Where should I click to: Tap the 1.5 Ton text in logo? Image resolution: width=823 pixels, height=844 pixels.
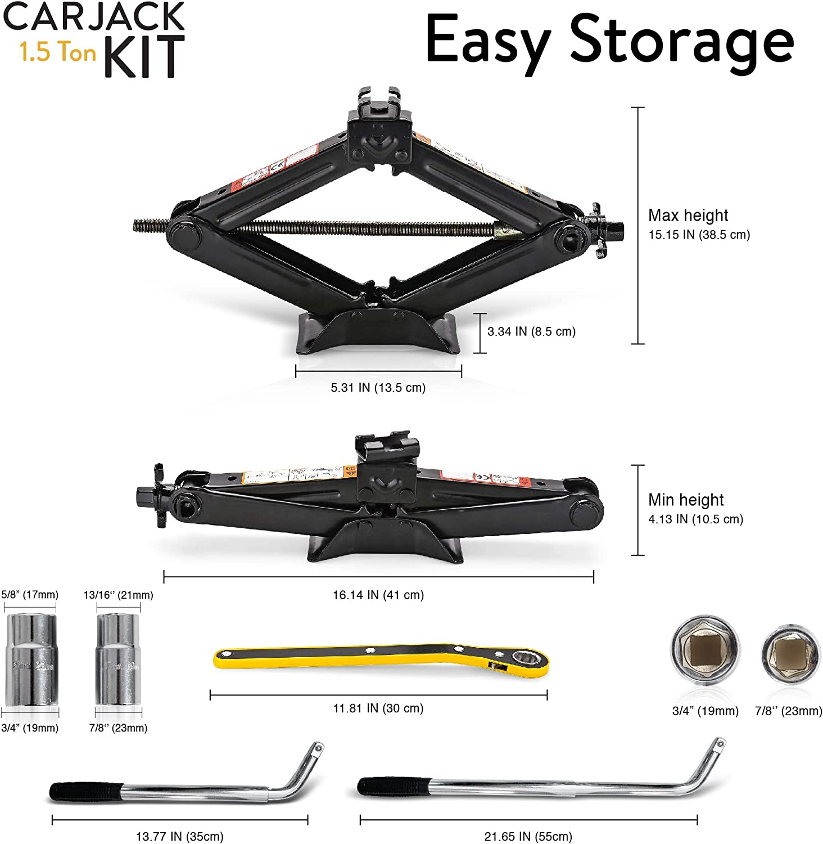click(x=58, y=52)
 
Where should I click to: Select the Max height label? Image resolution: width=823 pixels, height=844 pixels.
click(x=688, y=216)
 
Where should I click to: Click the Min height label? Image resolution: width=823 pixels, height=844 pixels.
click(x=686, y=500)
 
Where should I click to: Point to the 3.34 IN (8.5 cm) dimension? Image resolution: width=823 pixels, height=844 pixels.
click(x=531, y=331)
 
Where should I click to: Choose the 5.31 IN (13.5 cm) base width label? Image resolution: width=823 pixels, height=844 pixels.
click(x=378, y=388)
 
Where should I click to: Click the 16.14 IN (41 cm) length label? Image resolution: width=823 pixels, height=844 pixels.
click(x=378, y=595)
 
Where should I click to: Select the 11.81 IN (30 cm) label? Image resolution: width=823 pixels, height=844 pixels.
click(x=378, y=708)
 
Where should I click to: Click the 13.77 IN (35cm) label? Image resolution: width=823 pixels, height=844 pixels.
click(x=179, y=837)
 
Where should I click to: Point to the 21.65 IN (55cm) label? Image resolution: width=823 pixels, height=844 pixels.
click(x=528, y=837)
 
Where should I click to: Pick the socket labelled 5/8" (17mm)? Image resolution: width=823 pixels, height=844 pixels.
click(x=31, y=659)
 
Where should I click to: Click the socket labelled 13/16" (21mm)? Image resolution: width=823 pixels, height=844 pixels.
click(x=118, y=659)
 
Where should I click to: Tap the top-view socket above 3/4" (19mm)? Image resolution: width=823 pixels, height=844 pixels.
click(x=705, y=652)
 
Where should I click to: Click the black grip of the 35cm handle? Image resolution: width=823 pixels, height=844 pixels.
click(x=84, y=791)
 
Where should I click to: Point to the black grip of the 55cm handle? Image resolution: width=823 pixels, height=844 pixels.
click(x=394, y=786)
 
